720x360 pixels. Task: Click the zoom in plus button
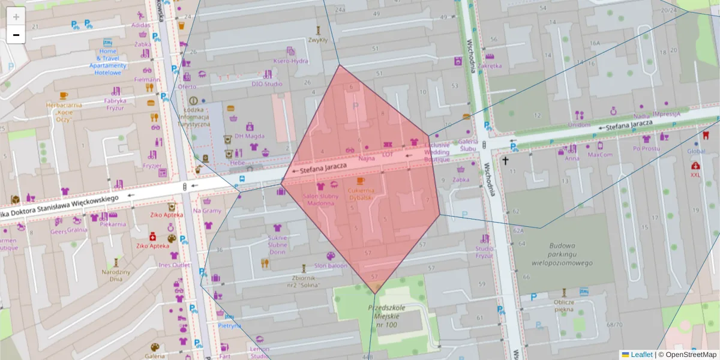pos(16,17)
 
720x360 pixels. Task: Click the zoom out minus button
pos(16,35)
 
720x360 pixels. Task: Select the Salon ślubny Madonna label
pos(320,199)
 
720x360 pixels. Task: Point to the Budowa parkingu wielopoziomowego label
pos(562,254)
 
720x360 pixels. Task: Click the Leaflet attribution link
pos(641,355)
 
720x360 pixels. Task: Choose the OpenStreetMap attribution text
pos(690,355)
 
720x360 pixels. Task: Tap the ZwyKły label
pos(317,41)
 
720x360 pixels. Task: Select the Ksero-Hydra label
pos(290,61)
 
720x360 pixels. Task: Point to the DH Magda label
pos(250,136)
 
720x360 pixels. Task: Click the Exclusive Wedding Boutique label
pos(437,152)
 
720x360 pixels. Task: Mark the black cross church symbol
pos(505,161)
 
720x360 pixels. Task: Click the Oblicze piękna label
pos(564,305)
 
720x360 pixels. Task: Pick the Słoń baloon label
pos(331,265)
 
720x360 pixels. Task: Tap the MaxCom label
pos(600,154)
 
